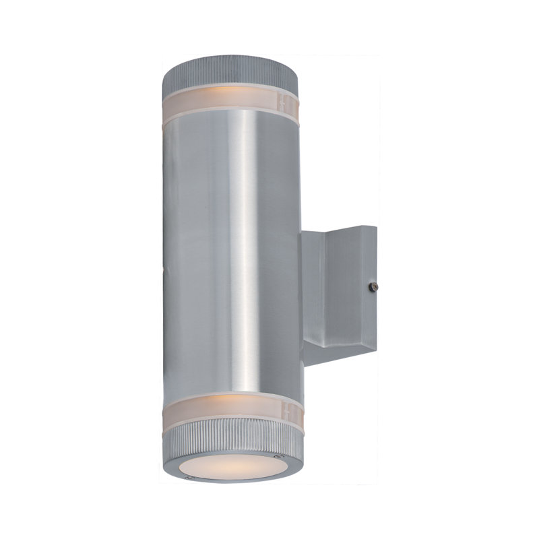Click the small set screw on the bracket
[x=373, y=287]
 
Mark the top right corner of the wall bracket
[x=376, y=227]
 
